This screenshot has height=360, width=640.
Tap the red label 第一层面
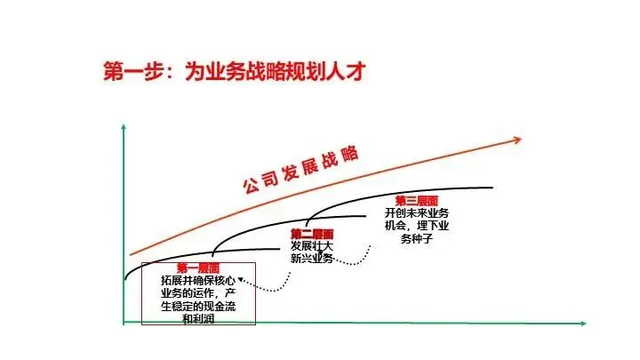click(197, 268)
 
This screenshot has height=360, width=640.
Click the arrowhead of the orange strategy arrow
click(516, 140)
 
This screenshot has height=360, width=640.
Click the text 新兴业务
click(311, 259)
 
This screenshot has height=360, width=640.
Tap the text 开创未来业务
click(418, 213)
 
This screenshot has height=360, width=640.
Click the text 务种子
click(417, 238)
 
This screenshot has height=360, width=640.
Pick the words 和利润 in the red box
click(197, 317)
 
